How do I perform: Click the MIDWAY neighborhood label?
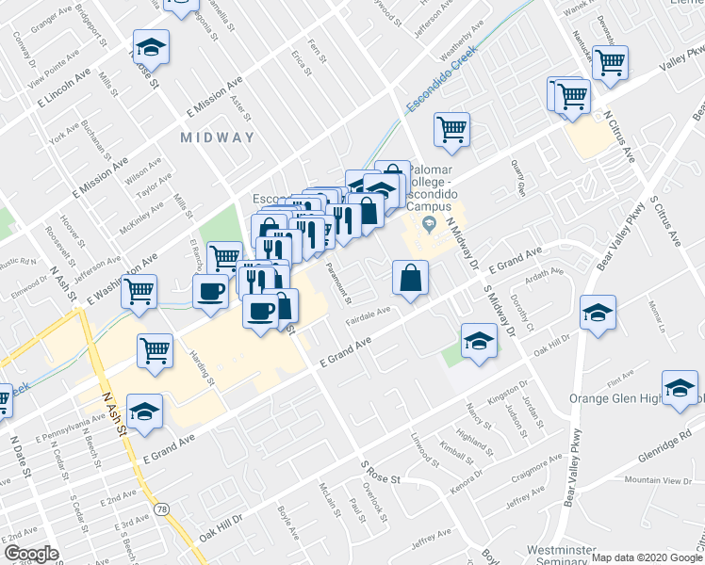click(218, 137)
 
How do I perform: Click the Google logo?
click(30, 554)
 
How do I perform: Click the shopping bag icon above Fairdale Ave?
click(410, 277)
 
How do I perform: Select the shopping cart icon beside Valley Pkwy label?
click(610, 61)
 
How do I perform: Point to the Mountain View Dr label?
click(658, 481)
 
